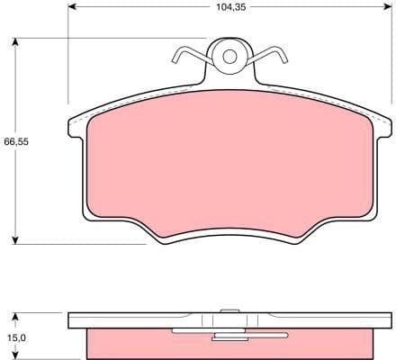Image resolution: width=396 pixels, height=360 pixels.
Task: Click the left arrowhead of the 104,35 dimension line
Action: (x=73, y=6)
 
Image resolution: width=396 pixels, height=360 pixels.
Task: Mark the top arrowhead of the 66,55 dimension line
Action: (x=15, y=42)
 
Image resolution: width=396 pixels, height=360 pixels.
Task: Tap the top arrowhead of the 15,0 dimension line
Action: (x=15, y=314)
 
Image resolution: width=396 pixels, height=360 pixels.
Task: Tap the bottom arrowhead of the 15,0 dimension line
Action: (x=15, y=355)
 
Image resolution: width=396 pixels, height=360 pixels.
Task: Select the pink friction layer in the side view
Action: (x=135, y=343)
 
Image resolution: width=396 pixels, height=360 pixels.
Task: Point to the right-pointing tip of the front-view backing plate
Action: (x=388, y=126)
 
